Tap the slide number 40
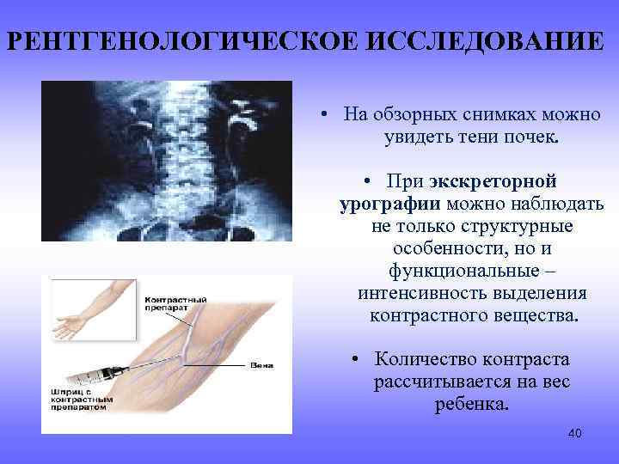[x=574, y=433]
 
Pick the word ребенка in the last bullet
[x=471, y=404]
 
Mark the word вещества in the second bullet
[x=541, y=316]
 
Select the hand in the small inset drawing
[x=70, y=326]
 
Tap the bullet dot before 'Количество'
[x=356, y=360]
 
